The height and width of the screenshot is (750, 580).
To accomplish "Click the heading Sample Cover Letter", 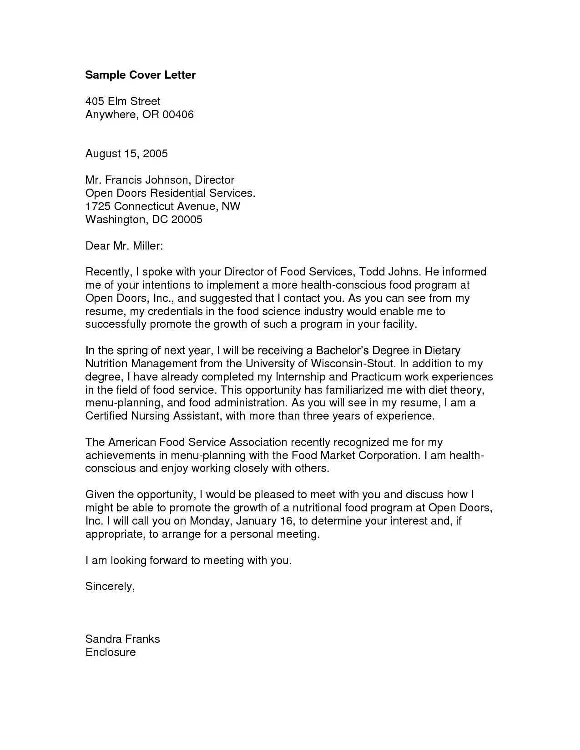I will pos(140,75).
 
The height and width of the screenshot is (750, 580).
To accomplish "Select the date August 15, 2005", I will pos(126,154).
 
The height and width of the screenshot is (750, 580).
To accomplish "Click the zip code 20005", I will pos(187,220).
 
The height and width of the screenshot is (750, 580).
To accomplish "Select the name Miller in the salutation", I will pos(147,246).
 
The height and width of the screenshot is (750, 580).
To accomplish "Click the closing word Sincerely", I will pos(110,586).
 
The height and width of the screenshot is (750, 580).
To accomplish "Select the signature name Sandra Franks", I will pos(122,639).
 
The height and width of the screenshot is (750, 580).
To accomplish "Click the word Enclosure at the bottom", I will pos(111,652).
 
